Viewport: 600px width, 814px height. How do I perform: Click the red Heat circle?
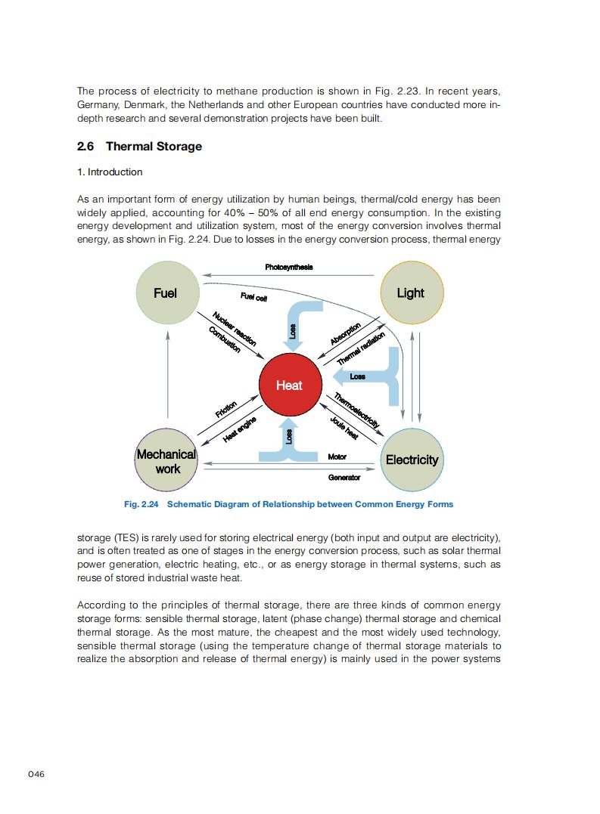pos(289,385)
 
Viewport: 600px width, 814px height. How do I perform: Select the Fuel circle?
pos(165,293)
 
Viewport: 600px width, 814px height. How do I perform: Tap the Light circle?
pos(410,293)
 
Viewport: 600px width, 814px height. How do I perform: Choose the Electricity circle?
pos(412,460)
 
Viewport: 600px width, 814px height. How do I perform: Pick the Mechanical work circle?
pos(167,461)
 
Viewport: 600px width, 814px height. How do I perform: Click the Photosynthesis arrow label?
pos(289,267)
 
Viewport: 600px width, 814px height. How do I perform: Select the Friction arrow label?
pos(226,409)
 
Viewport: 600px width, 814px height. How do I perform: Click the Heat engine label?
pos(239,429)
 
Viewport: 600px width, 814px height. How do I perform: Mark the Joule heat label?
pos(344,428)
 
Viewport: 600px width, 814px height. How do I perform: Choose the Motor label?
pos(337,457)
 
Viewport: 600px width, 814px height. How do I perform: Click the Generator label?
pos(344,478)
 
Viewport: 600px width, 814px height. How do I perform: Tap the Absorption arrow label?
pos(345,333)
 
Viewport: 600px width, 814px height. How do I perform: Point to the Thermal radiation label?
pos(361,348)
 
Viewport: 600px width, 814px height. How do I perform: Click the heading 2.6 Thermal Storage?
pos(140,146)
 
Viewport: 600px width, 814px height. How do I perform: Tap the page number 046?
pos(36,774)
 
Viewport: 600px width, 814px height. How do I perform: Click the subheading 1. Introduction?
pos(110,172)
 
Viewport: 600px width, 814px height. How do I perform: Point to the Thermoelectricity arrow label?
pos(356,410)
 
